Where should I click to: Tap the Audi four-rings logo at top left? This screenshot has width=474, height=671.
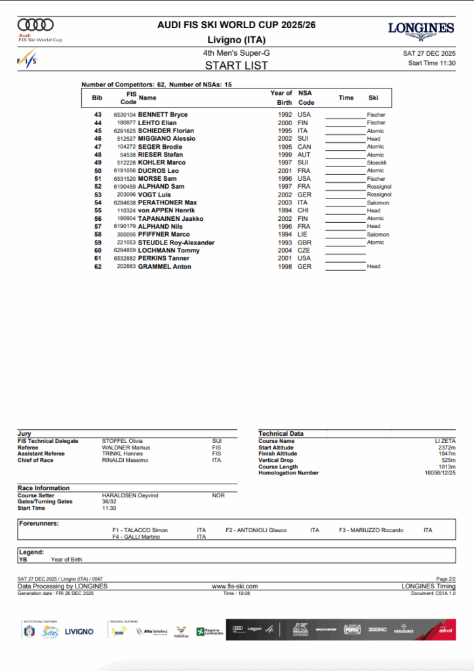click(x=35, y=25)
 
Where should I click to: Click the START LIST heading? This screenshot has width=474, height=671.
click(x=236, y=66)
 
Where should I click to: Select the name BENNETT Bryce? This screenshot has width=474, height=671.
click(x=163, y=115)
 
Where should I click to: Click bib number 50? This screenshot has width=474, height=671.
click(x=98, y=170)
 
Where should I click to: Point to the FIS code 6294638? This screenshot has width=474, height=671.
click(x=125, y=202)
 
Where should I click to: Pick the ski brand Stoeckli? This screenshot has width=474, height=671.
click(x=377, y=163)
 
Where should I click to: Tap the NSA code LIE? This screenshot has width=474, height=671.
click(x=304, y=235)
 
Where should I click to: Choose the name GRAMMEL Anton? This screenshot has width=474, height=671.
click(x=165, y=267)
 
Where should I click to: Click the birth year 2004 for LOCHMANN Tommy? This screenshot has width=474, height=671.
click(x=284, y=250)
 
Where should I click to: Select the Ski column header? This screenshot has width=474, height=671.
click(x=373, y=98)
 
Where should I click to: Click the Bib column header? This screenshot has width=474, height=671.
click(x=97, y=98)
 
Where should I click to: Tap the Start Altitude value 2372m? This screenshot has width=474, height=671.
click(x=446, y=448)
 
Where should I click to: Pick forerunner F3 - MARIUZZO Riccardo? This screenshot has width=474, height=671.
click(x=371, y=530)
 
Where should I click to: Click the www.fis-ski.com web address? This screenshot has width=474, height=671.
click(x=235, y=586)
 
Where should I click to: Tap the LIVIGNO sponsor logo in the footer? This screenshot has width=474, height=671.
click(x=79, y=632)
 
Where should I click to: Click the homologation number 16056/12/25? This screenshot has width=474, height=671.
click(x=440, y=472)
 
